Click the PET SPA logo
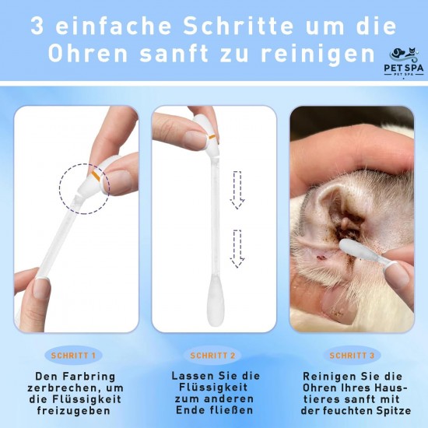click(404, 62)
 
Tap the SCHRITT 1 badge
click(73, 356)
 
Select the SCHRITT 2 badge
click(212, 356)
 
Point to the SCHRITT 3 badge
click(352, 356)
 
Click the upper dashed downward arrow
click(237, 190)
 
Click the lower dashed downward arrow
click(237, 249)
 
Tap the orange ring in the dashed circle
click(96, 176)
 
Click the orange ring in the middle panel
click(212, 136)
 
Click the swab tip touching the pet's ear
click(355, 250)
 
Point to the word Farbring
click(89, 377)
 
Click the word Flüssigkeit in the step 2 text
click(213, 388)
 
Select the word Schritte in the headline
click(238, 26)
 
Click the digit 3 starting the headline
click(37, 26)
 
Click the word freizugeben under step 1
click(74, 411)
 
